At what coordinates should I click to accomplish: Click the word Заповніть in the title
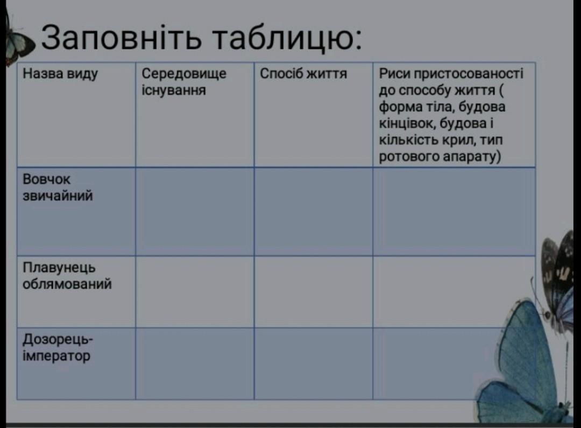tap(121, 38)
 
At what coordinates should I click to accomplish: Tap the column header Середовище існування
tap(184, 82)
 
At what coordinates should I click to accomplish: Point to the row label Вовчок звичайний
tap(58, 187)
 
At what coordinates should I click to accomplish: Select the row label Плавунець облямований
tap(67, 276)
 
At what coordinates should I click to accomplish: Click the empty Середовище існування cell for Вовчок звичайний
tap(195, 211)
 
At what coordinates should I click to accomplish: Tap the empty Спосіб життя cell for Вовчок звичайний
tap(314, 211)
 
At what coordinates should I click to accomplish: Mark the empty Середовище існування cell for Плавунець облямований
tap(195, 292)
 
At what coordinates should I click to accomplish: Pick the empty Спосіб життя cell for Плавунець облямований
tap(314, 292)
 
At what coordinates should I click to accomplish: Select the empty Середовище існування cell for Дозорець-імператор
tap(195, 363)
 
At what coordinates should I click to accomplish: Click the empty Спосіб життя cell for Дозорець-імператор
tap(314, 363)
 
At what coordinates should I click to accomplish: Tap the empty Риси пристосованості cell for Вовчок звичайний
tap(454, 211)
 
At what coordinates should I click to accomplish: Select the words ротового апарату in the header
tap(440, 157)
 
